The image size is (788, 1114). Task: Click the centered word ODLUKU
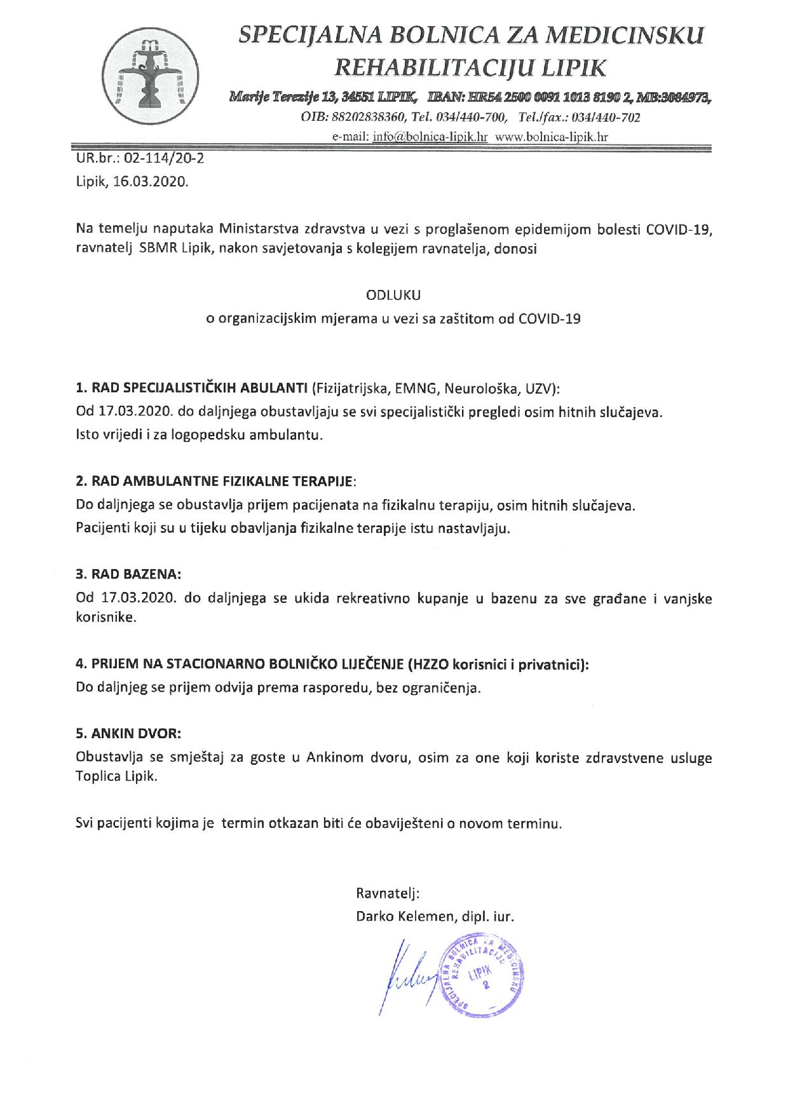click(393, 295)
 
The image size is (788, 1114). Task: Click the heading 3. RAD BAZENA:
click(128, 574)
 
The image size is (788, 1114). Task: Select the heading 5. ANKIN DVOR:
click(128, 733)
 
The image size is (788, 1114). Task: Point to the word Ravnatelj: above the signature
click(388, 893)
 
